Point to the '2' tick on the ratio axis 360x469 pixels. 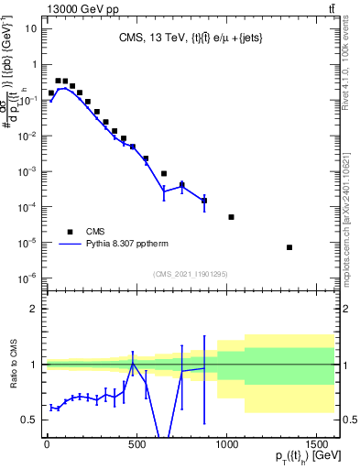(x=32, y=309)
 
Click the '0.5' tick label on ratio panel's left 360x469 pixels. (x=27, y=420)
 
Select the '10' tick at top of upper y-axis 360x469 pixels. (x=30, y=28)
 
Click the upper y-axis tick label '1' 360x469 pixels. (x=32, y=64)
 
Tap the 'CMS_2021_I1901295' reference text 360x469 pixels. (x=190, y=274)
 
